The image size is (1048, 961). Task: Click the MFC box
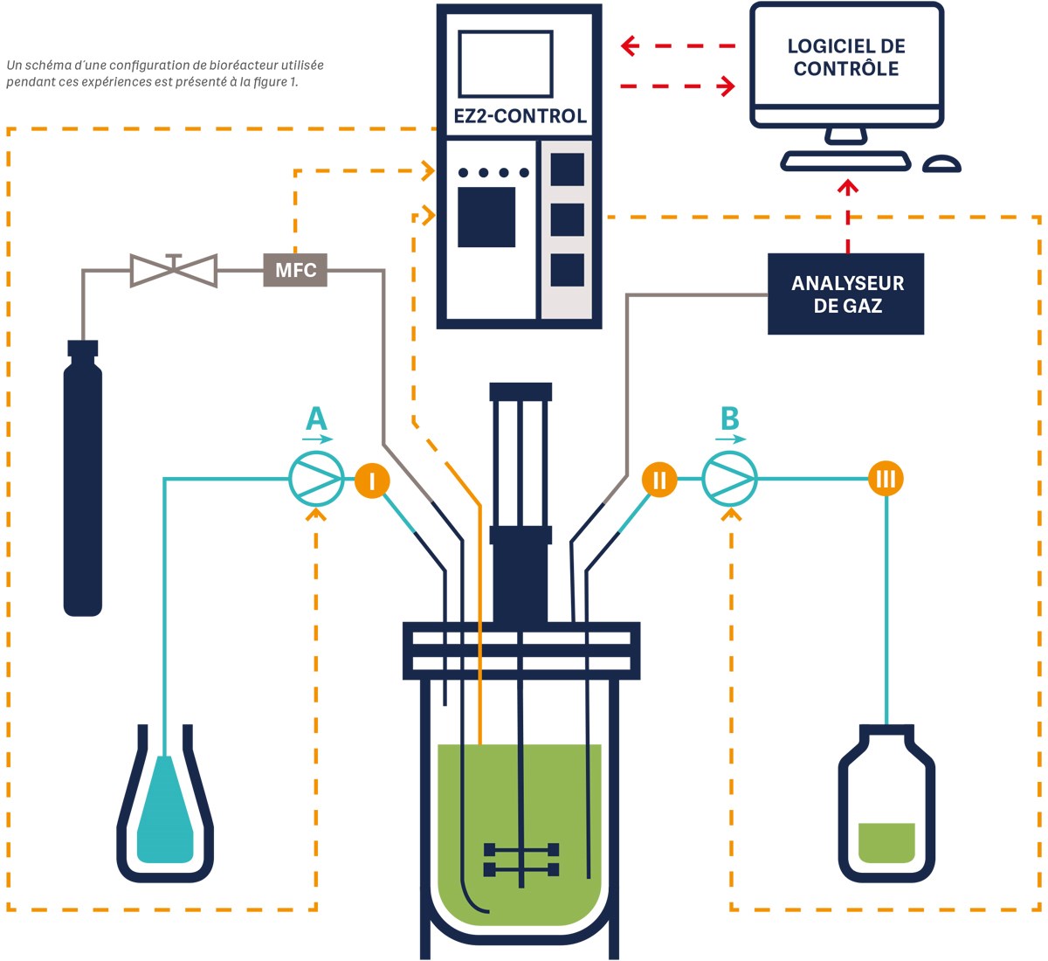[295, 270]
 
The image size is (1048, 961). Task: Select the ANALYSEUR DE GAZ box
[845, 294]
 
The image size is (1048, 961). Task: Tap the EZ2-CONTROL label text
[520, 116]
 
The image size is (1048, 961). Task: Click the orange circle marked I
[372, 480]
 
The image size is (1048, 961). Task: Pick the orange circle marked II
[659, 480]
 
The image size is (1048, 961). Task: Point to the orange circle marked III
[886, 479]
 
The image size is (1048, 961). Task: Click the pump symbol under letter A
[316, 479]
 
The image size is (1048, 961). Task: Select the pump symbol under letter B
[729, 479]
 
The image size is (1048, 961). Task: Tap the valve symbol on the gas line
[174, 270]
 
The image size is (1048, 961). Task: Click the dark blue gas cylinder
[83, 480]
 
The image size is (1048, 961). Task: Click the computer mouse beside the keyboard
[941, 164]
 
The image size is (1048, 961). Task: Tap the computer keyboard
[845, 162]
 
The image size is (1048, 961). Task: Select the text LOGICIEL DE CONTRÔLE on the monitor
[846, 58]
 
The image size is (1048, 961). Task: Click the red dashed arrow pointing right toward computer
[678, 86]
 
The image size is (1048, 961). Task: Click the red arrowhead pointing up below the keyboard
[847, 186]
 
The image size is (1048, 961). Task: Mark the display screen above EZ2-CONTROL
[505, 65]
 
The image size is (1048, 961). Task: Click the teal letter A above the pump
[316, 419]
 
